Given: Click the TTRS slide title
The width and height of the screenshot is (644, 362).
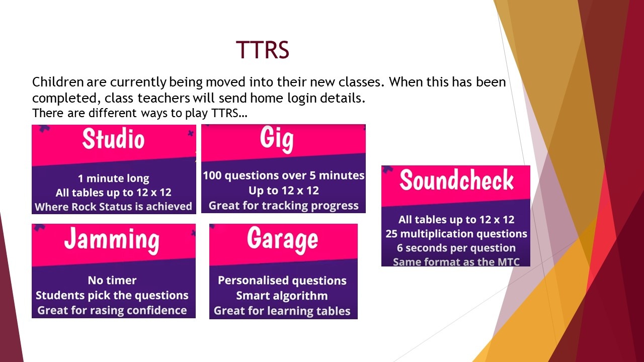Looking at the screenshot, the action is pos(262,50).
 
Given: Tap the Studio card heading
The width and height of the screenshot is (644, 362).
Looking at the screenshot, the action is pos(113,139).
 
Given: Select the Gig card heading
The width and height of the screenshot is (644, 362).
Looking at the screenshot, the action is pos(277,140).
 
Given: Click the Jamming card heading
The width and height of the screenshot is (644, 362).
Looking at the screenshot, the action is pos(112,241).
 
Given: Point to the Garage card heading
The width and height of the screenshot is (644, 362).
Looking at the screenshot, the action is pos(283,240).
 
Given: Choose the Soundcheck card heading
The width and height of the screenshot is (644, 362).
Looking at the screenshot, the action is pos(456,180).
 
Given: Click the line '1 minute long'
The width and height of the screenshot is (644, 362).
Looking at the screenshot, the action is pos(114,178).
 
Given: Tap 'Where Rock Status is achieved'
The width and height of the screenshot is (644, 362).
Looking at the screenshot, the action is pos(113,207).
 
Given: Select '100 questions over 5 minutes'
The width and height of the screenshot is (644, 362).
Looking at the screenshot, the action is pos(283,175).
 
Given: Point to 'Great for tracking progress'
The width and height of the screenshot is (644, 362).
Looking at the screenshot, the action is pos(283,206).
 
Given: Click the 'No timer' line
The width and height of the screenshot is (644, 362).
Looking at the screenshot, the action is pos(112,281).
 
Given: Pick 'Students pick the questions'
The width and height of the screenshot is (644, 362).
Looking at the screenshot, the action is pos(112,295).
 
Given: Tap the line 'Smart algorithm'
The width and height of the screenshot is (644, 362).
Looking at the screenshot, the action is pos(282,296).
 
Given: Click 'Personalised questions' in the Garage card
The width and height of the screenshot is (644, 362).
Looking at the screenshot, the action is pos(282,281).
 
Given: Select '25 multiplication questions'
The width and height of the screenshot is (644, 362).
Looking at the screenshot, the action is pos(456,234).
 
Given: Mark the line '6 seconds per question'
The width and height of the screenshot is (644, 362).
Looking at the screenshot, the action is pos(456,248).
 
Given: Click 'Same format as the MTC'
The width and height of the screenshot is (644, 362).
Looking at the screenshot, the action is pos(456,262).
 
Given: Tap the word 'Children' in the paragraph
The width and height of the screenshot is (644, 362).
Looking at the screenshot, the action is pos(58,82).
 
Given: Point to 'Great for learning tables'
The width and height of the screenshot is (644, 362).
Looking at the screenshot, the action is pos(282,311).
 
